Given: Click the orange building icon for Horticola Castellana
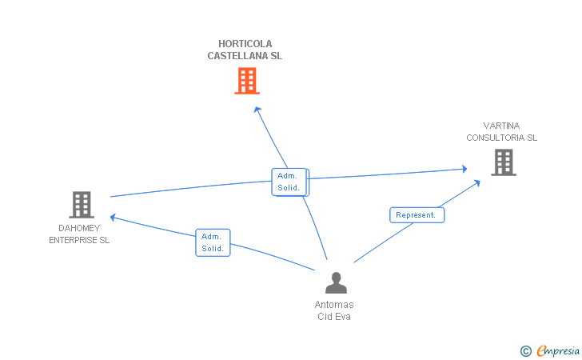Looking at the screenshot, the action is click(x=247, y=81).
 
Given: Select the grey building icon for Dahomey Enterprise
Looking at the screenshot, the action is click(x=82, y=205).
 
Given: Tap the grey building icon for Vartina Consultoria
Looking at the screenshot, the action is click(x=504, y=162).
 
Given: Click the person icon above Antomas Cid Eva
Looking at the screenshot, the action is click(x=337, y=282).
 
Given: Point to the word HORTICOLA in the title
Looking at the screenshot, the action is click(x=245, y=44).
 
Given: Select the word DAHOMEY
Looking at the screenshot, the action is click(x=79, y=228).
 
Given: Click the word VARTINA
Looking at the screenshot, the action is click(x=501, y=126).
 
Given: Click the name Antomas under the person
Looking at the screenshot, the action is click(x=334, y=305).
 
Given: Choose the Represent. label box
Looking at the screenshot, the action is click(x=417, y=215).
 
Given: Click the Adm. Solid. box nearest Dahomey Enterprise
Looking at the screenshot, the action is click(x=213, y=242).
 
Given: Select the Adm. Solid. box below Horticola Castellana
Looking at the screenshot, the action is click(x=289, y=182).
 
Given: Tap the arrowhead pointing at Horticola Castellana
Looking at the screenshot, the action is click(x=257, y=110).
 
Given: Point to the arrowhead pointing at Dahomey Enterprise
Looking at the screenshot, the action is click(x=113, y=218).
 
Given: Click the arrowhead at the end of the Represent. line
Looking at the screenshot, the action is click(x=477, y=182).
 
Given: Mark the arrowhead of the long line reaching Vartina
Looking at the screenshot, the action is click(x=464, y=169).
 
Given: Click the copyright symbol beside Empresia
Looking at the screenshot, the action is click(x=525, y=351).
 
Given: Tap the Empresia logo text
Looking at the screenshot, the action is click(x=558, y=350).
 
